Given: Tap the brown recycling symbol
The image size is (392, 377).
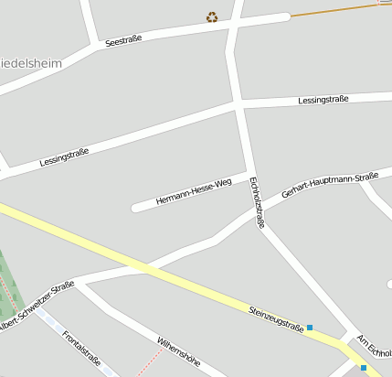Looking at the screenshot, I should pos(212,16).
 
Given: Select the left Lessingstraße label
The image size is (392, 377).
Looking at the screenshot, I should pos(64,156).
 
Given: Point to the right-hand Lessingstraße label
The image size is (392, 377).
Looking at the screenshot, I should pos(323,99).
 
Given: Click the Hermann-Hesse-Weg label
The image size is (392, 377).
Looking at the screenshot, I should pos(194,191).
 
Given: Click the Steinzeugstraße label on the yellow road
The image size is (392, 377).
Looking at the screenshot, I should pos(276,318).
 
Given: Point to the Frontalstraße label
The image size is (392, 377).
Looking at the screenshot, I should pos(81,348).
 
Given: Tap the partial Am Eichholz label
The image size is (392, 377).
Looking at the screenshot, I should pos(375,347).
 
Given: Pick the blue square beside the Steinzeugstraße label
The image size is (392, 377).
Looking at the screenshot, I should pos(310,328).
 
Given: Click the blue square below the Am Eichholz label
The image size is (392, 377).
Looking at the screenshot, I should pos(364,368).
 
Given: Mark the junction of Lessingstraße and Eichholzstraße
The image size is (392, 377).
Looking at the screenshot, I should pos(239,105).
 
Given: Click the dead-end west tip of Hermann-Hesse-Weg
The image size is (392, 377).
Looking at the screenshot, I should pos(136,207).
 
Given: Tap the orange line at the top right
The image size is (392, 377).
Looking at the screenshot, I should pos(338,10).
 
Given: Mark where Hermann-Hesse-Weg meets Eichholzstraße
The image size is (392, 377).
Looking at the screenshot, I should pos(249,172).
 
